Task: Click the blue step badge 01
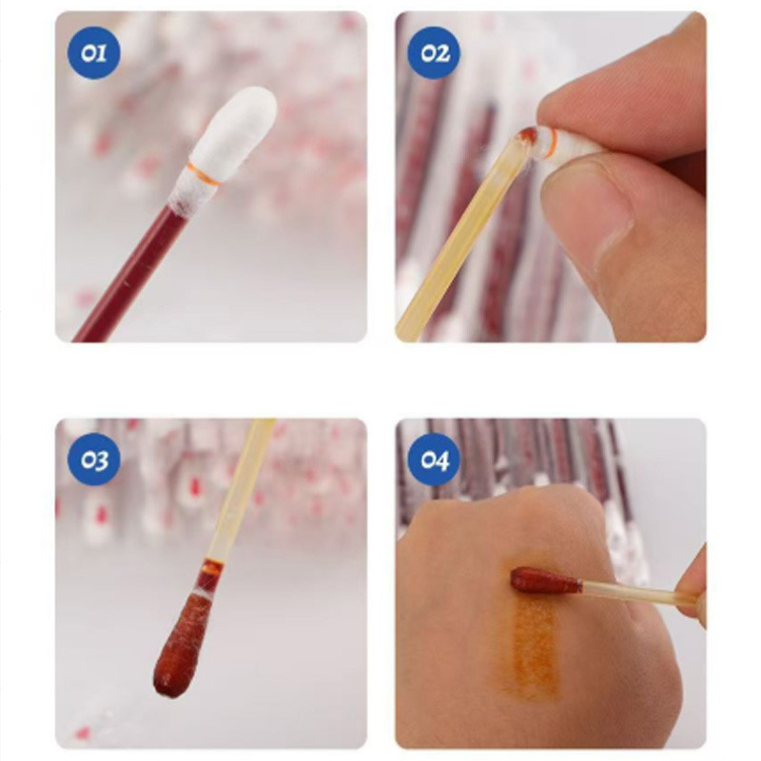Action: click(x=93, y=53)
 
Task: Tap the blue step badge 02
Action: click(x=434, y=53)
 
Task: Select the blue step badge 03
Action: click(x=93, y=459)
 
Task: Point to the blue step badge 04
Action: click(x=434, y=459)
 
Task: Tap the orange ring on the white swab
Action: click(x=205, y=174)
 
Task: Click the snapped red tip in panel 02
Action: click(x=530, y=137)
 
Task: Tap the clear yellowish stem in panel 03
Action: click(x=238, y=490)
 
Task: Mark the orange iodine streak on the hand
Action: click(x=532, y=646)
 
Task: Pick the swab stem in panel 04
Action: click(x=631, y=591)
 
